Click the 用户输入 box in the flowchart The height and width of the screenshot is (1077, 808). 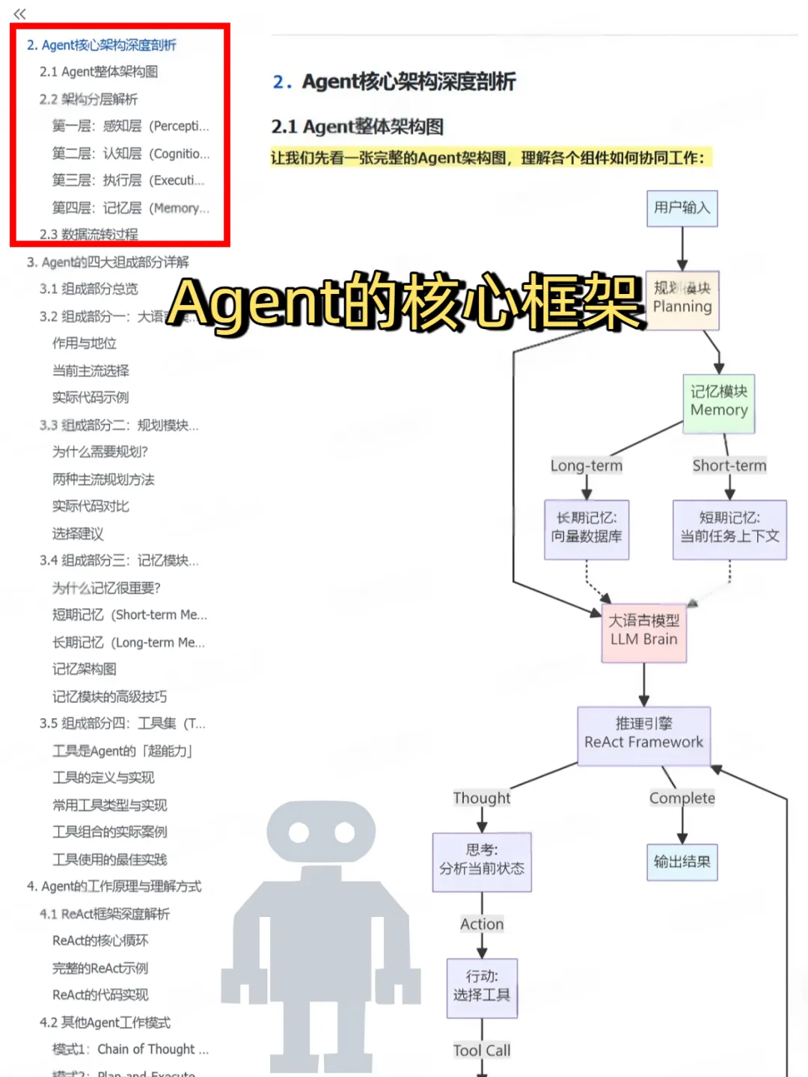pos(682,208)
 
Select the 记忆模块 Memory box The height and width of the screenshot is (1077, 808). pos(718,403)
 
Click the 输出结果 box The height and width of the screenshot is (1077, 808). pos(682,862)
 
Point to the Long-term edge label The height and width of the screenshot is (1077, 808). pos(587,465)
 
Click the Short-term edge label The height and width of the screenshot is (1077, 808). pos(729,465)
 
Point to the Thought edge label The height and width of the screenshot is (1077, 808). pos(482,798)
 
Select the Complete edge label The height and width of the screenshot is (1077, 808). pos(682,798)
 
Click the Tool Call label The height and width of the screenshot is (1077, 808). pos(482,1050)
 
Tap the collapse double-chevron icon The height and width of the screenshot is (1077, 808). pos(20,13)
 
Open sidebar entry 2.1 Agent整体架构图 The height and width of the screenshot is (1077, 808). pos(99,72)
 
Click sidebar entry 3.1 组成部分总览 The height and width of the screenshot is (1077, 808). pos(89,289)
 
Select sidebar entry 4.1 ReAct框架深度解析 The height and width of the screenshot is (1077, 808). pos(105,914)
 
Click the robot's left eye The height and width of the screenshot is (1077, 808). pos(299,832)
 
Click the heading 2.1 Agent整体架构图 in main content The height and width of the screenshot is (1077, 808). pos(358,126)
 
